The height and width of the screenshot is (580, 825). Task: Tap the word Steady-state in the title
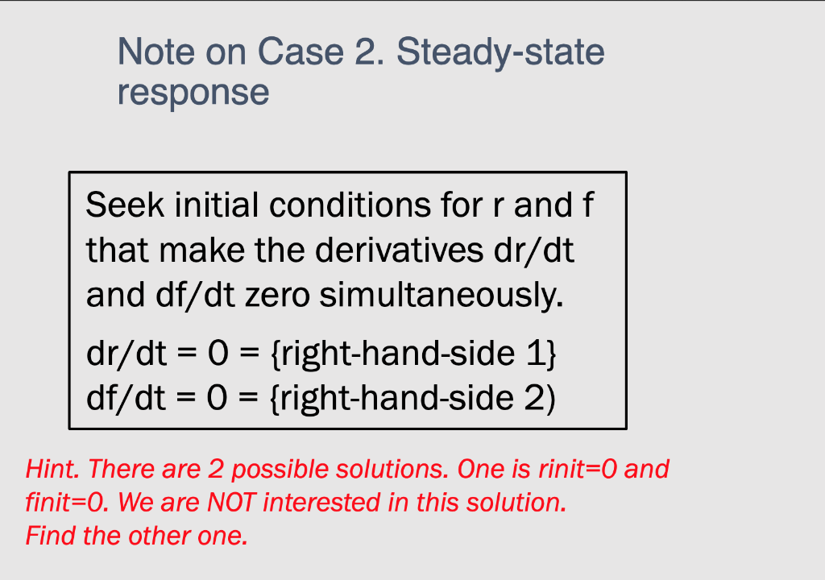pos(500,53)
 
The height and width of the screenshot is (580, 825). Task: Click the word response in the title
pos(193,92)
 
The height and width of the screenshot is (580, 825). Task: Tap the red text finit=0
pos(68,502)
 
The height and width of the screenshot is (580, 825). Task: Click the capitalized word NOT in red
pos(232,502)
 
